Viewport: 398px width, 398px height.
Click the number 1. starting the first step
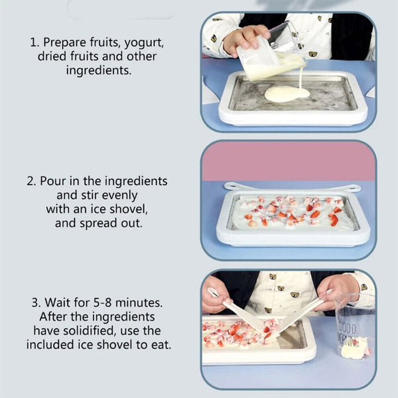pos(34,42)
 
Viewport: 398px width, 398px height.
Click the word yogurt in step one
pos(145,42)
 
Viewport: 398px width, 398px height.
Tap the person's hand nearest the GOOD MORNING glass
pos(336,290)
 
